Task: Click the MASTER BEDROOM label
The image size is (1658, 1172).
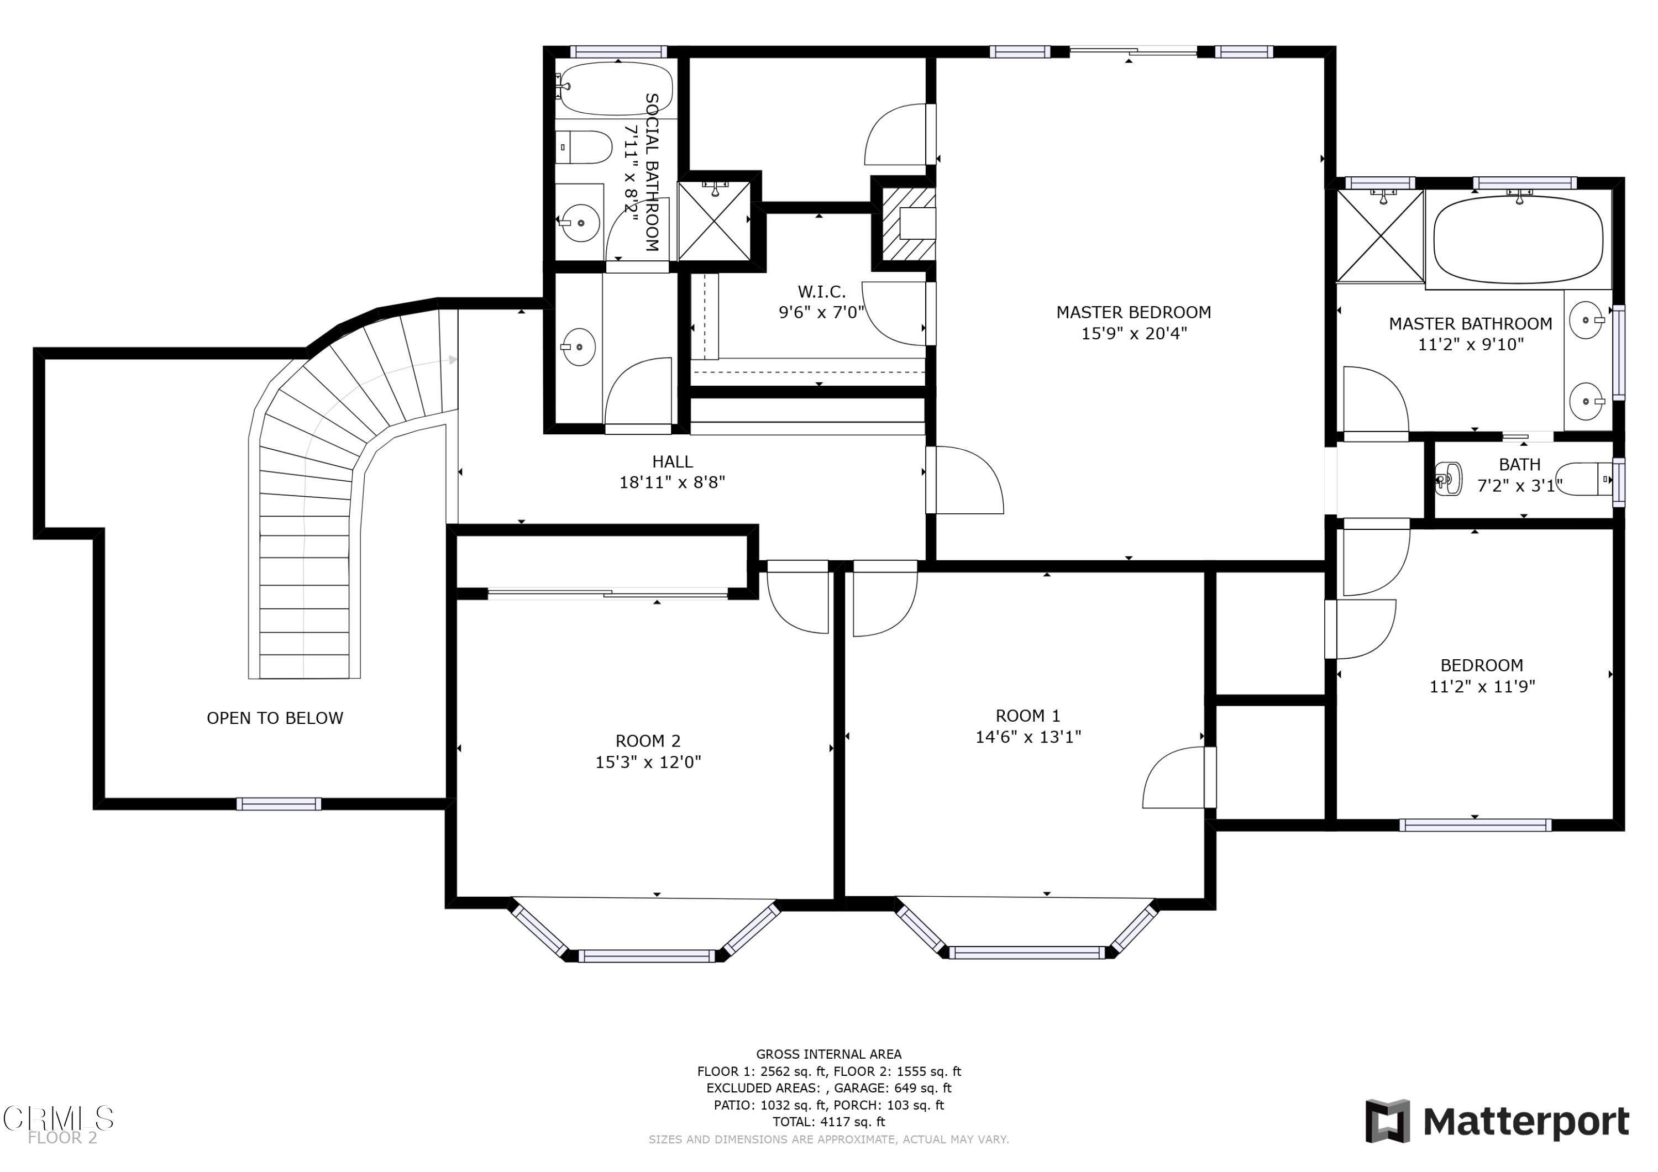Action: [x=1133, y=313]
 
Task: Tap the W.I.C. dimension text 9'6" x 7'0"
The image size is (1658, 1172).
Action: [x=821, y=313]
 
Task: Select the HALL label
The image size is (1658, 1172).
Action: [x=672, y=461]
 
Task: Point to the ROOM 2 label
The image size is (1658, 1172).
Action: [x=648, y=741]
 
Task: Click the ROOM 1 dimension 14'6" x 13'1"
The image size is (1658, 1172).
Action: [x=1029, y=737]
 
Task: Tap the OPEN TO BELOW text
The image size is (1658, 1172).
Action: [x=275, y=718]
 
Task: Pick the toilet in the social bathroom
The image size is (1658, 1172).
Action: [x=584, y=148]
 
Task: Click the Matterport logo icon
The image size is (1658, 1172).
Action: [x=1387, y=1122]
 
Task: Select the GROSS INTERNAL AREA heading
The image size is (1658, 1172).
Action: [x=828, y=1054]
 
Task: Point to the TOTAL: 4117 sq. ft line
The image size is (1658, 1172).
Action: [x=828, y=1122]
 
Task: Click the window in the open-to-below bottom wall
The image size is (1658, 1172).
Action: [x=279, y=804]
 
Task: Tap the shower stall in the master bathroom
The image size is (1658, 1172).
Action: [x=1380, y=235]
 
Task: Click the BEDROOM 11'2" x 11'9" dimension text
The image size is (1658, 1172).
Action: [x=1482, y=686]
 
